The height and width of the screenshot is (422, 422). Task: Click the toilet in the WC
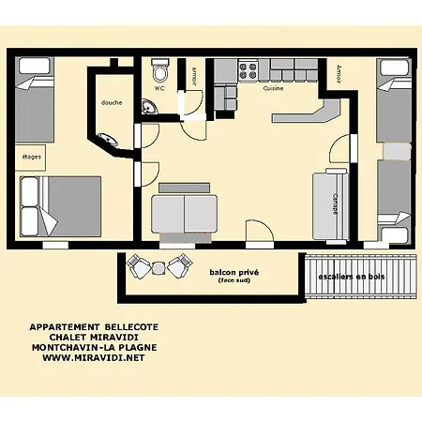tap(160, 73)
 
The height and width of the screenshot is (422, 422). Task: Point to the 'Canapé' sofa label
tap(335, 203)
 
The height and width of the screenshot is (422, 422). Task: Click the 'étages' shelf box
tap(31, 157)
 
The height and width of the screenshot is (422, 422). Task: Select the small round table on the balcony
tap(158, 268)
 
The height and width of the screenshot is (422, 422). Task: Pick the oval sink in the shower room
tap(110, 141)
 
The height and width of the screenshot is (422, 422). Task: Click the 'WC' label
tap(159, 88)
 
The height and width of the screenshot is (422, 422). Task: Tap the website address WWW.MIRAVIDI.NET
tap(88, 357)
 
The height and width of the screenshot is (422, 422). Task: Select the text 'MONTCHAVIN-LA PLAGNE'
tap(88, 348)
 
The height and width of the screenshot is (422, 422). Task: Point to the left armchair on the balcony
tap(138, 266)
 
